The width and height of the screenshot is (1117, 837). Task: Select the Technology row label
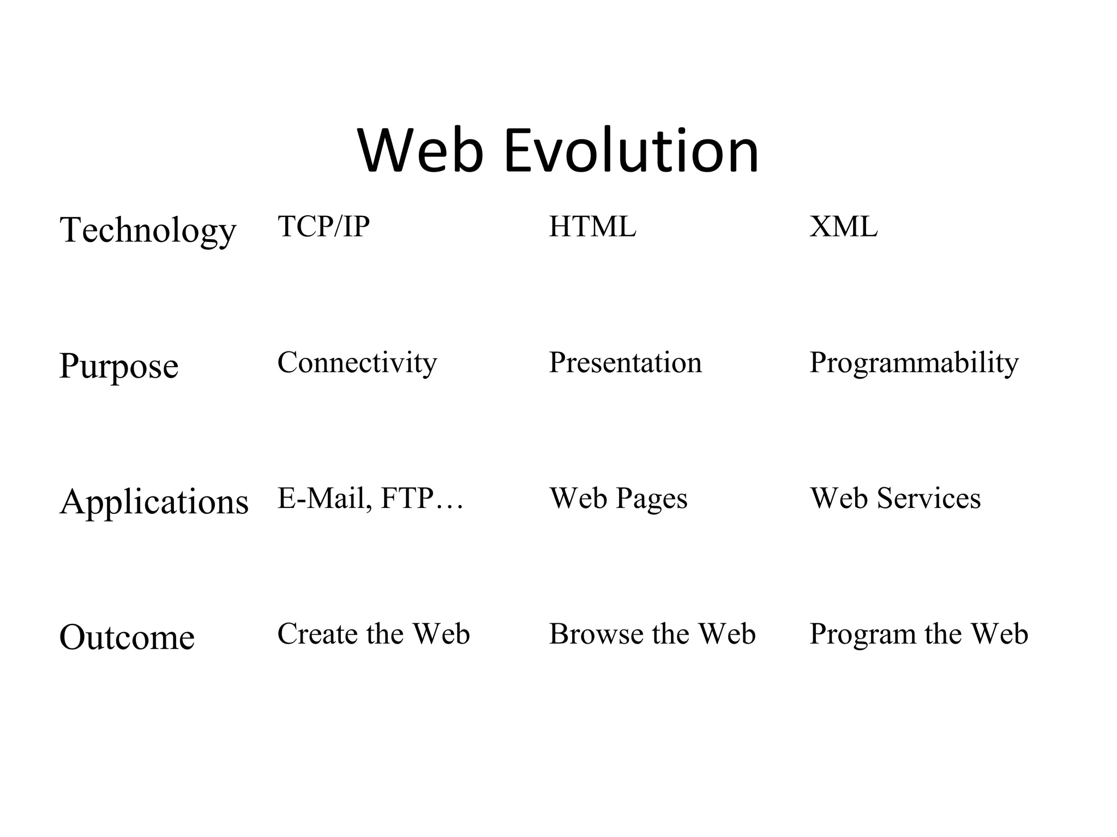click(148, 230)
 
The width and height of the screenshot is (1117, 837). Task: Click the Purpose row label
click(119, 366)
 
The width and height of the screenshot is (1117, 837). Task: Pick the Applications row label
click(154, 502)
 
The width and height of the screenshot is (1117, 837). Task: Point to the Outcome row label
click(127, 637)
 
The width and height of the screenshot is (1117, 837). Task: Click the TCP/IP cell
click(323, 226)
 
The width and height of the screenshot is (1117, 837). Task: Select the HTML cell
click(592, 227)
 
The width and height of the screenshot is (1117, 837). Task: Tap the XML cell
click(843, 227)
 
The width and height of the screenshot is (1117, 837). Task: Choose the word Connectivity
click(357, 362)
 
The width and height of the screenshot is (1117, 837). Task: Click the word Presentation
click(625, 362)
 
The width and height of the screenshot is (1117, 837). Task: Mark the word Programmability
click(914, 363)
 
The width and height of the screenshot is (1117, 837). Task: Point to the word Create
click(317, 634)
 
